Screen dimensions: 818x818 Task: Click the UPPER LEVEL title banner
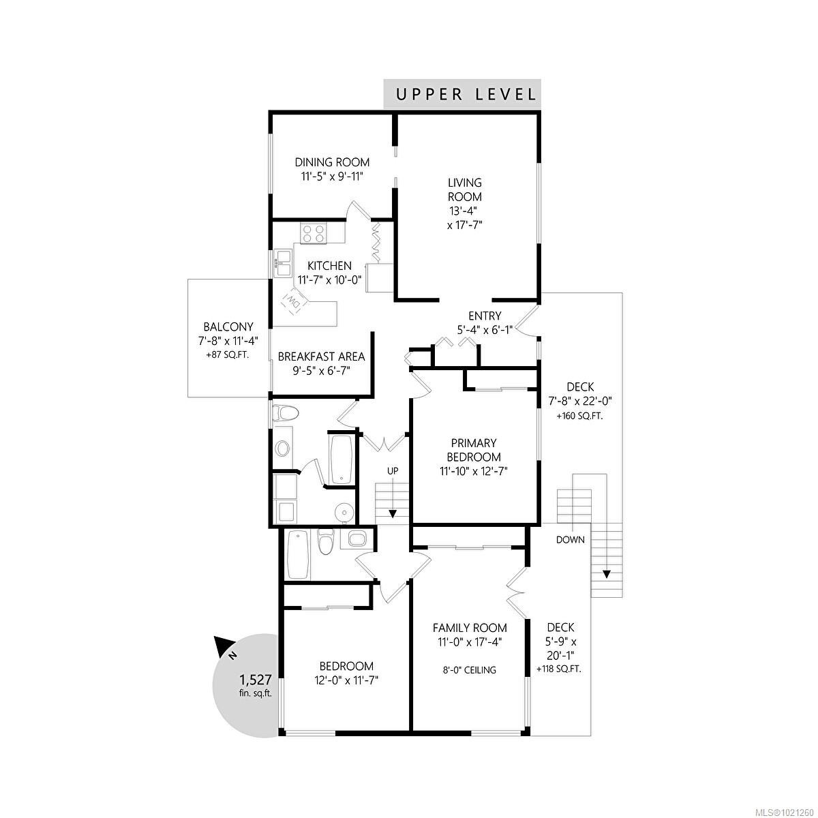[462, 94]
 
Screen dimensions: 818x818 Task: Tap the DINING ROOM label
[332, 162]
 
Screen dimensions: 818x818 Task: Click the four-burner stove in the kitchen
[314, 234]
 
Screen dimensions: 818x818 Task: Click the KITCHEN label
[329, 266]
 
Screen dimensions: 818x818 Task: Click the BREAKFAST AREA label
[321, 357]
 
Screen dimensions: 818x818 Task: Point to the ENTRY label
[485, 316]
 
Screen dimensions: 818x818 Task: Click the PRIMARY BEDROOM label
[473, 450]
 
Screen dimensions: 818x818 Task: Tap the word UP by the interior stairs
[393, 471]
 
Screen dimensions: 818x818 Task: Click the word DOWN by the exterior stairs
[570, 540]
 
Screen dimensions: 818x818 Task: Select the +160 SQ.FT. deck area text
[579, 416]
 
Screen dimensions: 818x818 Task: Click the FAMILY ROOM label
[470, 628]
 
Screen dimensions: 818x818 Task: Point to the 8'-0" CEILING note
[470, 669]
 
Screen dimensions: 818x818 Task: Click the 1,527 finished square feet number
[256, 680]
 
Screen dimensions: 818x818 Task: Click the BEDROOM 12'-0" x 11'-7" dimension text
[347, 680]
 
